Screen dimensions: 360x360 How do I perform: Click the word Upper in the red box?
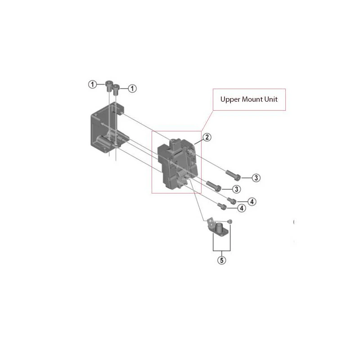[229, 99]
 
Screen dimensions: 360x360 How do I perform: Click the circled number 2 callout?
[207, 138]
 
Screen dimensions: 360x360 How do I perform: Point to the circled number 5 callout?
[221, 260]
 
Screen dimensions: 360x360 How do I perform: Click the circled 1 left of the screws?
[92, 84]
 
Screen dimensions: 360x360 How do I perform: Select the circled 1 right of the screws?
[132, 89]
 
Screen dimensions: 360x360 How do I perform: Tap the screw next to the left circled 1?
[109, 85]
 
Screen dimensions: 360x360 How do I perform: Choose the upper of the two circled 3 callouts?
[256, 178]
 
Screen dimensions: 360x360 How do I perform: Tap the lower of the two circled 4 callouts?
[241, 208]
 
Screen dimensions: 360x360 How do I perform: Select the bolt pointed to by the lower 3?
[213, 185]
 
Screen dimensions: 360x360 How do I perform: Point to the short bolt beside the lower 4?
[222, 207]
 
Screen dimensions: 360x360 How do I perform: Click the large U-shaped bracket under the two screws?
[101, 130]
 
